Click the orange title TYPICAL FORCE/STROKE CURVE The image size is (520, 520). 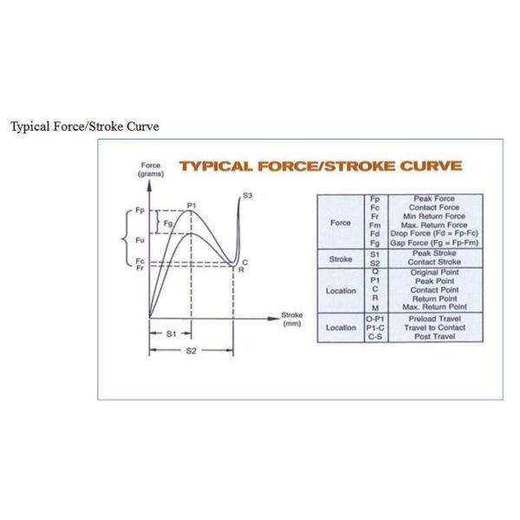pyautogui.click(x=320, y=166)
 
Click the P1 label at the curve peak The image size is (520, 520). pyautogui.click(x=192, y=205)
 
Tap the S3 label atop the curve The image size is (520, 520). pyautogui.click(x=247, y=197)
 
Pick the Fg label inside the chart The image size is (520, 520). pyautogui.click(x=167, y=224)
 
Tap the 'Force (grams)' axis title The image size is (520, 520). pyautogui.click(x=151, y=170)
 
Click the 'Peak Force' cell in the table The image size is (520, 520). pyautogui.click(x=433, y=199)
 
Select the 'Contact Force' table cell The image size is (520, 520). pyautogui.click(x=433, y=208)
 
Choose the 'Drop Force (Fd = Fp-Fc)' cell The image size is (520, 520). pyautogui.click(x=433, y=234)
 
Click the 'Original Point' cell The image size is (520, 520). pyautogui.click(x=433, y=272)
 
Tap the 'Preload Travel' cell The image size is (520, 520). pyautogui.click(x=433, y=319)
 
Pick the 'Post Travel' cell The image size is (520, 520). pyautogui.click(x=433, y=336)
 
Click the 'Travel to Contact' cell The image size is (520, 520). pyautogui.click(x=433, y=328)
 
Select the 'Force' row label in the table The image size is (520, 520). pyautogui.click(x=341, y=221)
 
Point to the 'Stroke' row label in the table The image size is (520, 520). pyautogui.click(x=341, y=258)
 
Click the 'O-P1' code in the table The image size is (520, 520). pyautogui.click(x=374, y=319)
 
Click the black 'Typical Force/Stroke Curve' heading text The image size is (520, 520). pyautogui.click(x=84, y=127)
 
